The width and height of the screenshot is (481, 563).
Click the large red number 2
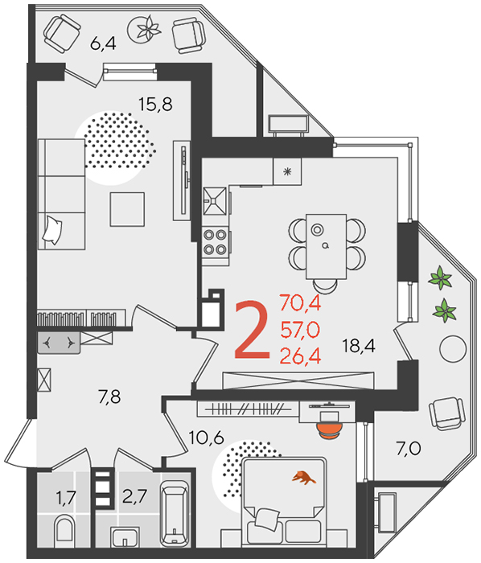click(x=252, y=331)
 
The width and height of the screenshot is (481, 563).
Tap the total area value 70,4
click(x=300, y=302)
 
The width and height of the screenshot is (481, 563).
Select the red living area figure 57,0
click(x=300, y=330)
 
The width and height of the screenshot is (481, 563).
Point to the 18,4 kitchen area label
click(x=359, y=346)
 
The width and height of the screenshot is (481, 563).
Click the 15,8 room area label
click(x=155, y=104)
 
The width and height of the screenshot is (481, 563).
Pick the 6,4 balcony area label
click(x=103, y=43)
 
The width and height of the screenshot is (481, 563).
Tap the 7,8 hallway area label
click(x=109, y=397)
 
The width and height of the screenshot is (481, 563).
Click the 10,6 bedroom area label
click(x=207, y=438)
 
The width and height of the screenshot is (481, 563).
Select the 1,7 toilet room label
click(x=66, y=498)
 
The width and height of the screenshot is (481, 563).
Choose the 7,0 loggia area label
click(x=409, y=449)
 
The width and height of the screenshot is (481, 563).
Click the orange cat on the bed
click(x=304, y=478)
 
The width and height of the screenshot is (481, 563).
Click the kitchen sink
click(x=215, y=201)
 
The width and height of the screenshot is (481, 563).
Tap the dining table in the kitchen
click(x=326, y=247)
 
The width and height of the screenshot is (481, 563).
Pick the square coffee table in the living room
click(x=127, y=209)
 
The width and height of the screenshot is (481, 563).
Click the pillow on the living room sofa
click(x=52, y=230)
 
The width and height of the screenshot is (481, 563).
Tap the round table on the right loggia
click(x=453, y=348)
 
